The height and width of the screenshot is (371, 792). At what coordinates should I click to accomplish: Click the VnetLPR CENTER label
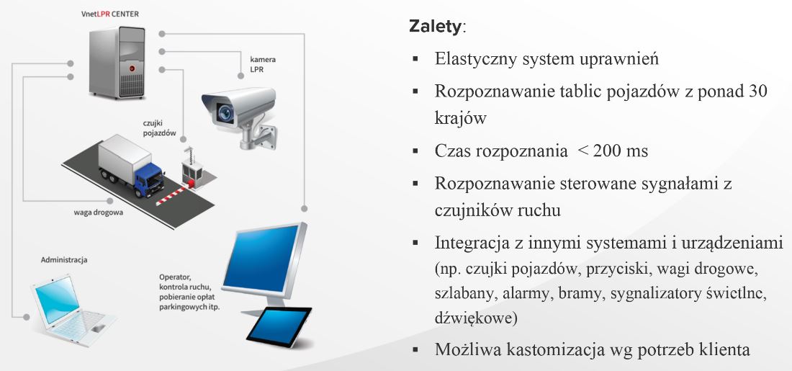pos(109,14)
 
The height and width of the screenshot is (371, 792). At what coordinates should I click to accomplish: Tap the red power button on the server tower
pos(132,67)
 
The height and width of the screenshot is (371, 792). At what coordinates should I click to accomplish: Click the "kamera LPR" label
pos(263,64)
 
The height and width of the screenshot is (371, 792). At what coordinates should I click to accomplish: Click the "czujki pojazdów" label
pos(158,128)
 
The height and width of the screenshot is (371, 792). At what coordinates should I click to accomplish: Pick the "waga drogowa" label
pos(99,213)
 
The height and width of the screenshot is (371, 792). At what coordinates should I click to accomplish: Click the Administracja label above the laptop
pos(63,260)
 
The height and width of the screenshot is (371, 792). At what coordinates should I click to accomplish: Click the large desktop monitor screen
pos(261,259)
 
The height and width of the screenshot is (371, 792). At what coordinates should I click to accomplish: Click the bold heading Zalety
pos(435,27)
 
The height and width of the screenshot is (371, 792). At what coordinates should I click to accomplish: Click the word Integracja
pos(472,243)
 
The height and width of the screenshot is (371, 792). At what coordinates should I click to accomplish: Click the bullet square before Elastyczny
pos(415,58)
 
